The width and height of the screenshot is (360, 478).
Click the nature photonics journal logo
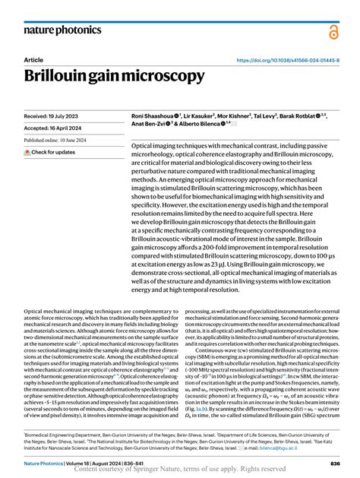[x=62, y=30]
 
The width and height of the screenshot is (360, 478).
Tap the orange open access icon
[x=333, y=31]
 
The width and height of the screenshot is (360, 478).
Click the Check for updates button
[x=50, y=152]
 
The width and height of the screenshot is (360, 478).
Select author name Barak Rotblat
[x=304, y=116]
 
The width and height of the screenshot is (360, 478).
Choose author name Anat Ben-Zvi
[x=151, y=125]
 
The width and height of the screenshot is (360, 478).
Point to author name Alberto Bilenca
[x=201, y=125]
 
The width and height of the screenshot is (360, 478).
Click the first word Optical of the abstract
[x=144, y=144]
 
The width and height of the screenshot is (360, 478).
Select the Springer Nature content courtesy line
[x=180, y=470]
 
